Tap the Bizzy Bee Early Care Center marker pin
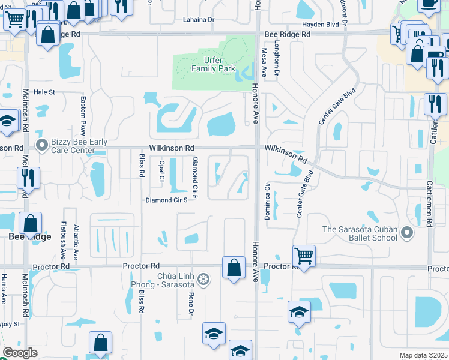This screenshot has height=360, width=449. (41, 145)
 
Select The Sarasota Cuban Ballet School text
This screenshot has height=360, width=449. (360, 233)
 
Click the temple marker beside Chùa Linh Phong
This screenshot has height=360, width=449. (204, 279)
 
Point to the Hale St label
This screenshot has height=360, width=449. (44, 92)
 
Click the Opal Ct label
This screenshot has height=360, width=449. (161, 170)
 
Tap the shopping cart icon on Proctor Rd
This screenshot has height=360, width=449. (304, 256)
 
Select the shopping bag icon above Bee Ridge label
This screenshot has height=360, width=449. (30, 224)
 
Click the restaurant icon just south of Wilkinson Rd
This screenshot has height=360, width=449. (28, 178)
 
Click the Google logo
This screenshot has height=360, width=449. (20, 353)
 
